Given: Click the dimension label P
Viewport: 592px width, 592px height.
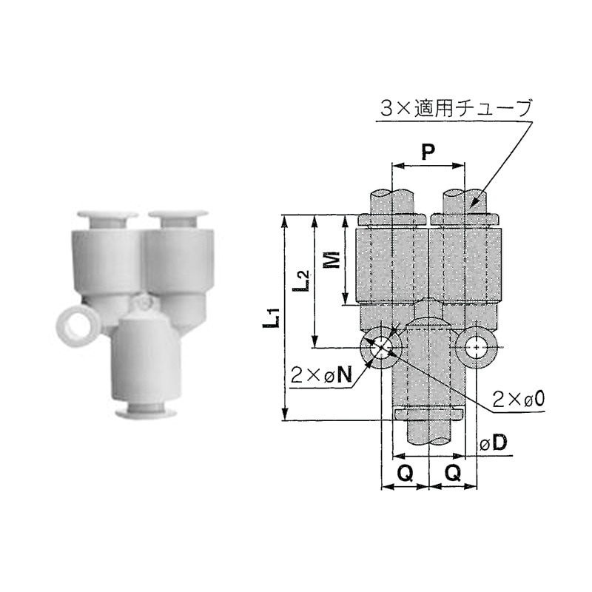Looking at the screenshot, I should pos(427,153).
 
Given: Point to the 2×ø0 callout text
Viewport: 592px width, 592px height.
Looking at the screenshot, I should pos(520,399).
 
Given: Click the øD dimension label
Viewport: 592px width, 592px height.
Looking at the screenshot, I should pos(493,443).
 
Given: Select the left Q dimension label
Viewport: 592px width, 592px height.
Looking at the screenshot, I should pos(405,473).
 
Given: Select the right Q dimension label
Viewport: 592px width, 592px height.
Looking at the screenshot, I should pos(453,473).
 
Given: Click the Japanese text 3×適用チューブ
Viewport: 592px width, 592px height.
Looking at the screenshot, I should pos(456,108).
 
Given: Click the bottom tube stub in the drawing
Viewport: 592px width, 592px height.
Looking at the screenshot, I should pos(428,433).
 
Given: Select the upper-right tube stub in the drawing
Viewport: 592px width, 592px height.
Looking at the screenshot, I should pos(465,201).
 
